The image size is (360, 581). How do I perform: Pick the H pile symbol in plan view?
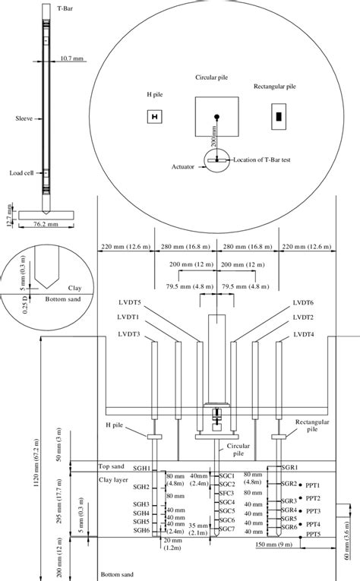154,116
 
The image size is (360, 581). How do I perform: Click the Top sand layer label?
114,466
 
